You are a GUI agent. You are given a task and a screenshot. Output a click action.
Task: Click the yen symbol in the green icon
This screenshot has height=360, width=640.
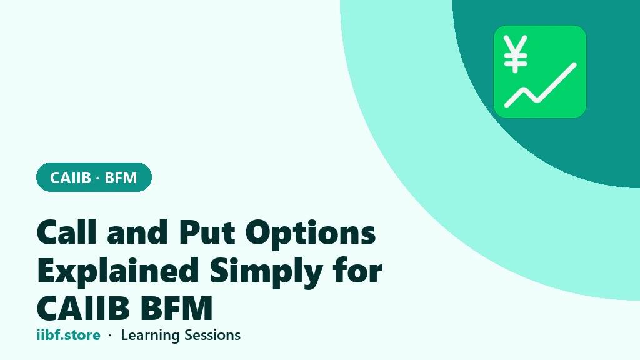tap(516, 54)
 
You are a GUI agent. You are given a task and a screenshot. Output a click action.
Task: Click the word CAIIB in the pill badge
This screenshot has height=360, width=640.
tap(70, 177)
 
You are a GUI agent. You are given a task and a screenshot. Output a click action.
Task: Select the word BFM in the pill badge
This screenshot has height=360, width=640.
tap(121, 177)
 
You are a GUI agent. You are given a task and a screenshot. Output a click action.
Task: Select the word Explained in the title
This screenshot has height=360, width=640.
tap(118, 271)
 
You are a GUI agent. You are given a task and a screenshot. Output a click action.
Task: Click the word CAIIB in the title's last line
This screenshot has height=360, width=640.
tap(83, 307)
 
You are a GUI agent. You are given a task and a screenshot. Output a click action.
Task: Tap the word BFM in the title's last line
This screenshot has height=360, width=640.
tap(177, 307)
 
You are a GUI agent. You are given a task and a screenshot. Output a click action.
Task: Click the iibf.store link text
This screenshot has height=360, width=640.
tap(68, 335)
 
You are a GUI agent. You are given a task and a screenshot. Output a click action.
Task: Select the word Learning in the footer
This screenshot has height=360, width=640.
tap(150, 336)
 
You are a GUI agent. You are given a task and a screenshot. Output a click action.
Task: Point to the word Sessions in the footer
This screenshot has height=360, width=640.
tap(212, 335)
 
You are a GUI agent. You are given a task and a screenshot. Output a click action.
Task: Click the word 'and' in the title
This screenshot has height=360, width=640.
tap(137, 232)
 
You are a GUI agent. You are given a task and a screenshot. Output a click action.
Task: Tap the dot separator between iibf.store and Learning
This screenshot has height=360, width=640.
tap(110, 336)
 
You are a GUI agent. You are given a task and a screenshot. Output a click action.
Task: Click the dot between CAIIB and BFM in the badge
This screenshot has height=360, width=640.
tap(97, 178)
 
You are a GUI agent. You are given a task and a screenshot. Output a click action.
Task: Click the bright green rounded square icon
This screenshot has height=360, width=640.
tap(540, 72)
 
